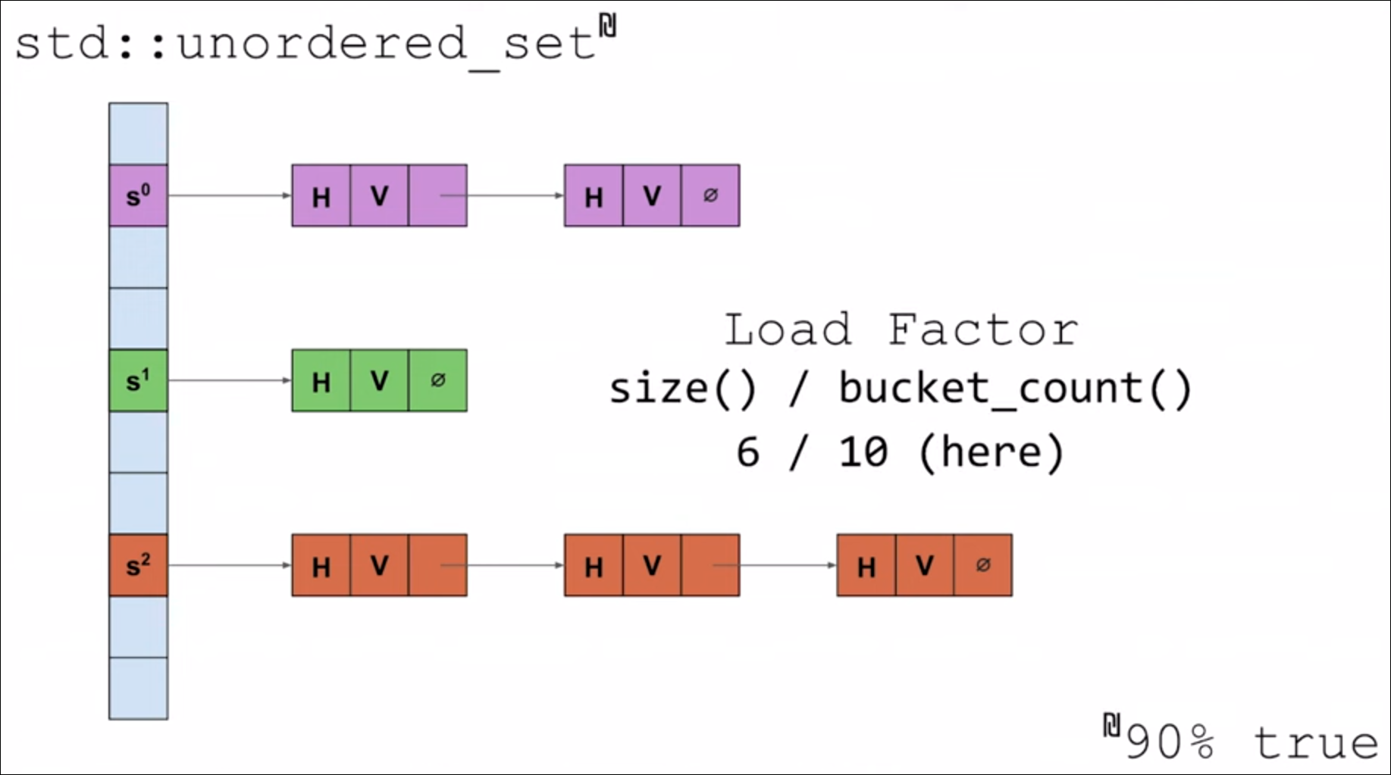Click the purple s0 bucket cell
pos(138,195)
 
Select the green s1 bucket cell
pos(138,380)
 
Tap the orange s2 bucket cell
pos(138,565)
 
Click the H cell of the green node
pos(321,381)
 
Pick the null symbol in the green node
pos(437,380)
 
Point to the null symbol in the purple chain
pos(710,195)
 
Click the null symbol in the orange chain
pos(983,565)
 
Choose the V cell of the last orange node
pos(924,565)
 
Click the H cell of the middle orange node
pos(594,566)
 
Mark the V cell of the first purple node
pos(379,196)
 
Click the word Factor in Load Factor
pos(982,330)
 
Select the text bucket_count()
pos(1015,389)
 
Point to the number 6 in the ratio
pos(747,452)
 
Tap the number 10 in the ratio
pos(863,452)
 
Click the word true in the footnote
pos(1315,742)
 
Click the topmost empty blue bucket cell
pos(138,133)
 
